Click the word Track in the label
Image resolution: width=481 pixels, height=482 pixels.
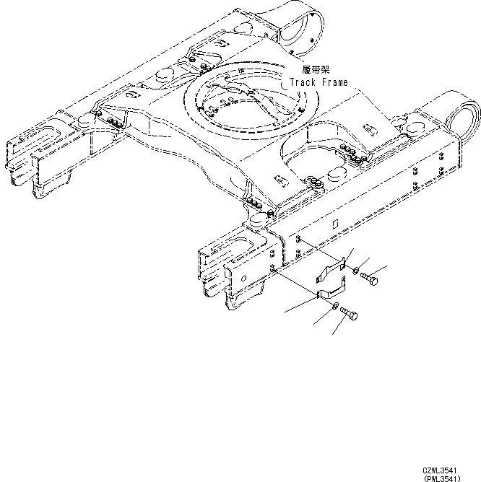click(x=304, y=82)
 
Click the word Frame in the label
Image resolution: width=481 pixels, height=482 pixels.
click(x=334, y=82)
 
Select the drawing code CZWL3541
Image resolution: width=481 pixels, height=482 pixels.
click(x=439, y=470)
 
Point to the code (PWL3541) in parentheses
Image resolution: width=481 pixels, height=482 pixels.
click(x=441, y=478)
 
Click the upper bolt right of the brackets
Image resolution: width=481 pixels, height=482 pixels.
click(x=368, y=278)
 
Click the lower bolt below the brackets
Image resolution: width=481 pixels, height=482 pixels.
click(x=350, y=315)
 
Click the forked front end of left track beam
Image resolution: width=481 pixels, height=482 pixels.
click(x=32, y=159)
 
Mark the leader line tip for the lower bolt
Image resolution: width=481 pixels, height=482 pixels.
click(x=333, y=334)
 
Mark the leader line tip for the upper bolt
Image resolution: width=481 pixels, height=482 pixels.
click(x=386, y=267)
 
